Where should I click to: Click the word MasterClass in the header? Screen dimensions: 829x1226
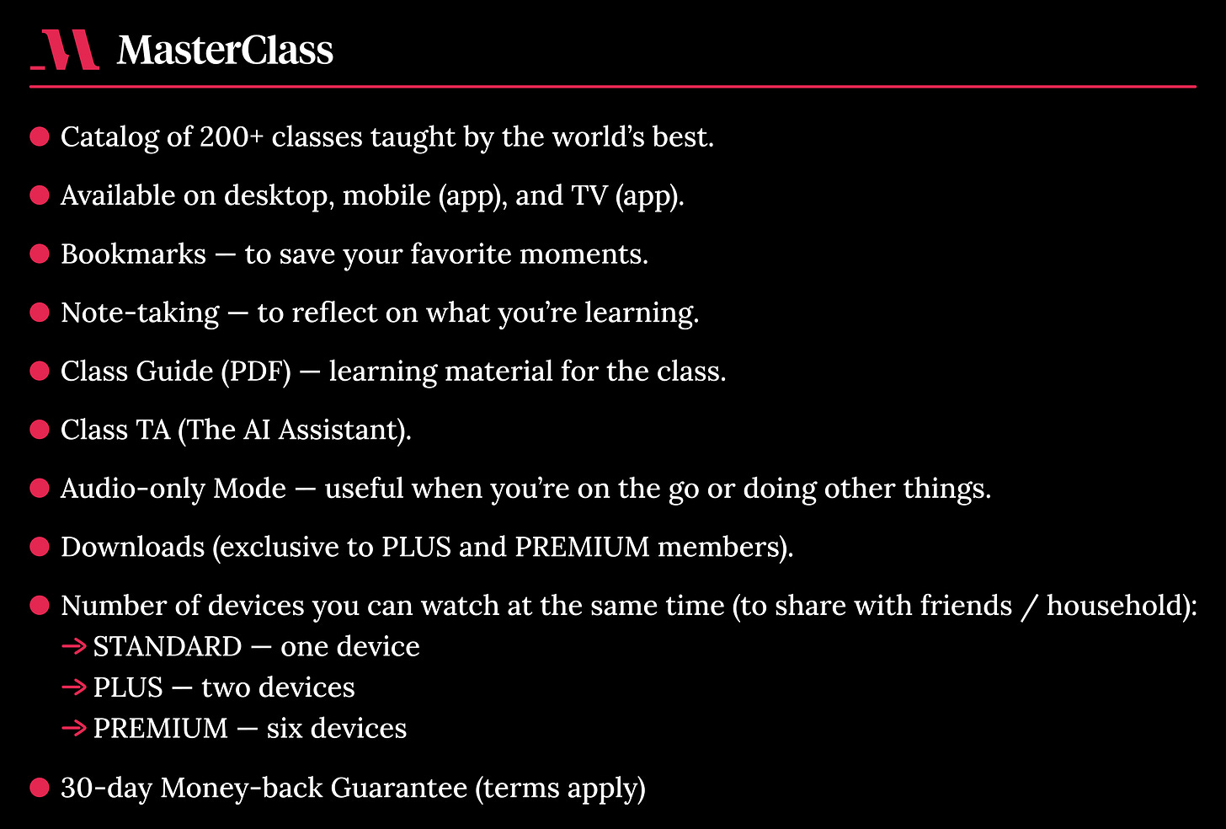tap(225, 51)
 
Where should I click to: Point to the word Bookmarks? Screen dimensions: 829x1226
tap(133, 254)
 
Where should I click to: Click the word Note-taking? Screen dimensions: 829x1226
tap(140, 313)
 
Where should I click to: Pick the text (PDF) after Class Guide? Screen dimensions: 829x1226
tap(256, 371)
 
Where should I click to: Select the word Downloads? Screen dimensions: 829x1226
tap(132, 547)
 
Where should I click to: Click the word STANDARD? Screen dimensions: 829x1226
tap(167, 646)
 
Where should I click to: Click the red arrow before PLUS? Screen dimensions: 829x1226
tap(74, 687)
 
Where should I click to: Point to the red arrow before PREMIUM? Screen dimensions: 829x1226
tap(74, 728)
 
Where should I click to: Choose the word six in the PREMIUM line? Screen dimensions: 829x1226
tap(285, 728)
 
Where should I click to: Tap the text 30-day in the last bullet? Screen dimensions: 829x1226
tap(106, 788)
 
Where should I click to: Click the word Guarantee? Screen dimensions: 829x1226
tap(398, 788)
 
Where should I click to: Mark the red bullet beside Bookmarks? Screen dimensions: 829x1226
tap(40, 254)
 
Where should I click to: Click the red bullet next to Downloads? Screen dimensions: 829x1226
tap(40, 547)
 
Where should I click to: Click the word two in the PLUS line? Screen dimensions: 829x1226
tap(220, 687)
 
